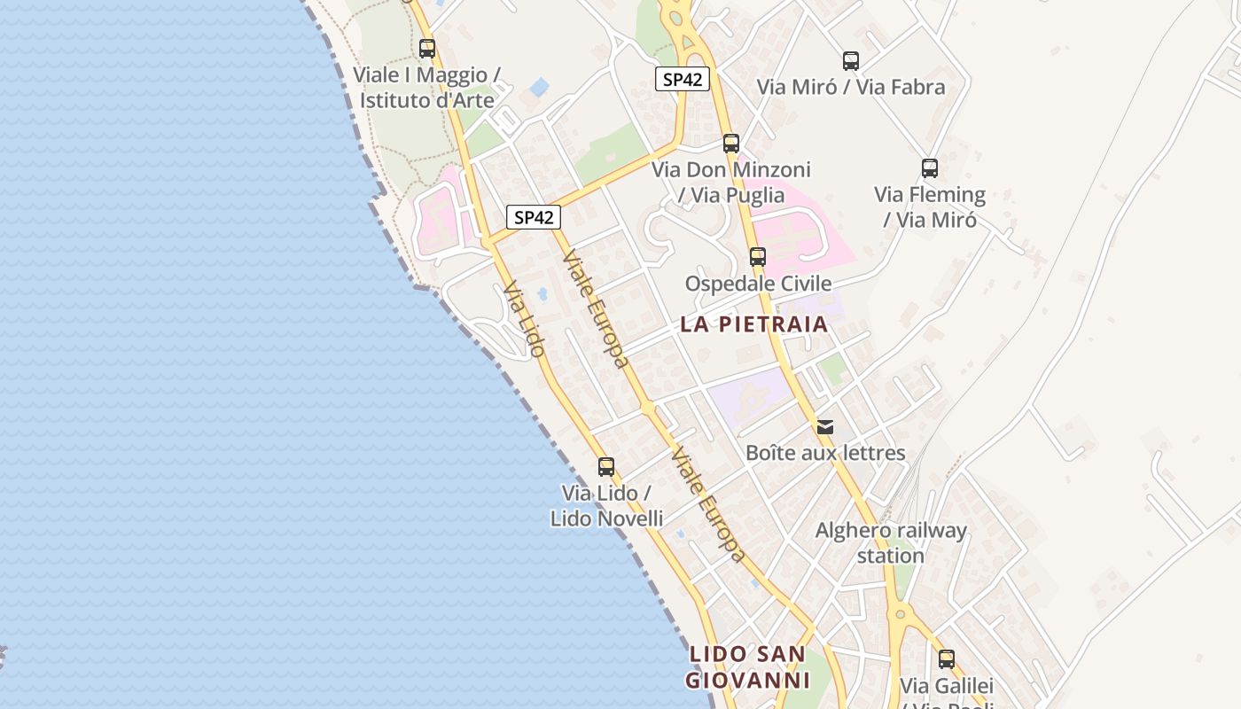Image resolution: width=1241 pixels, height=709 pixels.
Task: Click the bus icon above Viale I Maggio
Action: coord(427,49)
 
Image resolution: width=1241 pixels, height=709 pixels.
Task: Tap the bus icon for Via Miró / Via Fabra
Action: coord(851,61)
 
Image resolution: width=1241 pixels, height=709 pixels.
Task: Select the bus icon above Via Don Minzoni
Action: coord(731,144)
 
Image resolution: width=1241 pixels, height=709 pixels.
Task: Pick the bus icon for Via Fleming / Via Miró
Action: coord(930,168)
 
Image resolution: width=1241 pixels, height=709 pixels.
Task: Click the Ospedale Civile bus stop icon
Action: coord(758,257)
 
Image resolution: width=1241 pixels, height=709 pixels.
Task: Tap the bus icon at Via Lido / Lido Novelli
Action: coord(606,467)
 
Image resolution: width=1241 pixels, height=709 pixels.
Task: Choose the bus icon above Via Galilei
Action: coord(947,659)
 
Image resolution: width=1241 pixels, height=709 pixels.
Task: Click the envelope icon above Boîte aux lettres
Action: coord(825,427)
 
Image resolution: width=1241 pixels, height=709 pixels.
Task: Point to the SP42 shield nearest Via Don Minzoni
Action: coord(683,79)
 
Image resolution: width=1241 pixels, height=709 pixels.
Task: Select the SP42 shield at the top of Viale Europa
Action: coord(534,217)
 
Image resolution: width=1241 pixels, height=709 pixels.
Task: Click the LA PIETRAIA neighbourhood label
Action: coord(754,324)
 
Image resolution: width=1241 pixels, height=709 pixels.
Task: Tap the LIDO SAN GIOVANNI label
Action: coord(749,667)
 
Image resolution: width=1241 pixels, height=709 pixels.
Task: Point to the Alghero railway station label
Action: coord(891,543)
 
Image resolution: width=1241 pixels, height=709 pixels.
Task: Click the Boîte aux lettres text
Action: coord(825,454)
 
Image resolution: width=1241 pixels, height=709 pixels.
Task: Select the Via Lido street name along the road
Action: coord(523,319)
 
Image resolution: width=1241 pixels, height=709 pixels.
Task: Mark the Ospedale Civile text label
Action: coord(759,284)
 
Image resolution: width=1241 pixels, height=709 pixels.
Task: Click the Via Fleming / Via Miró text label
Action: coord(930,206)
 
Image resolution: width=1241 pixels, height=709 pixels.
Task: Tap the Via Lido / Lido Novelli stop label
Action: coord(606,505)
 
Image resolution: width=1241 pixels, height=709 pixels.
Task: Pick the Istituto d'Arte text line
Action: coord(426,99)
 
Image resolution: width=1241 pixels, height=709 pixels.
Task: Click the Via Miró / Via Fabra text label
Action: coord(851,87)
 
